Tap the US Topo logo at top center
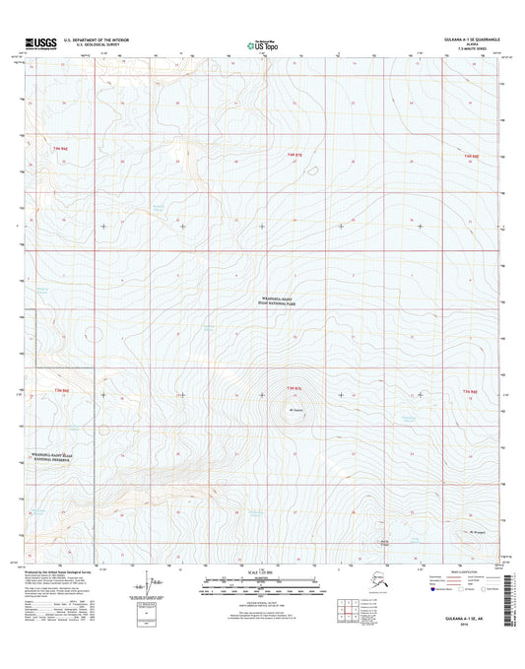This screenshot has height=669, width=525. coord(261,43)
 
